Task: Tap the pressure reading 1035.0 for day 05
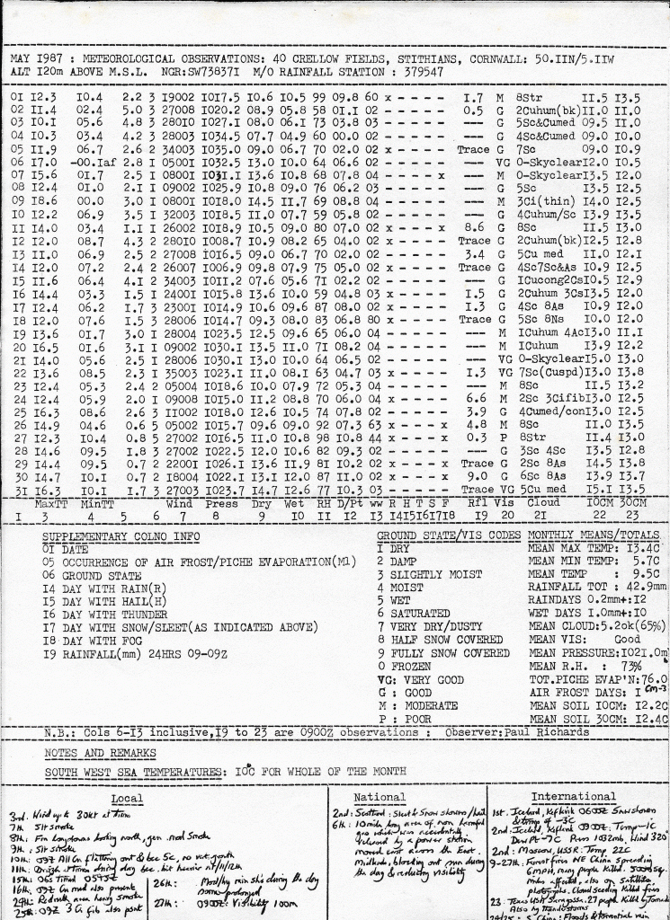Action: click(216, 149)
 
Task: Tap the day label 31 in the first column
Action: click(17, 491)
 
